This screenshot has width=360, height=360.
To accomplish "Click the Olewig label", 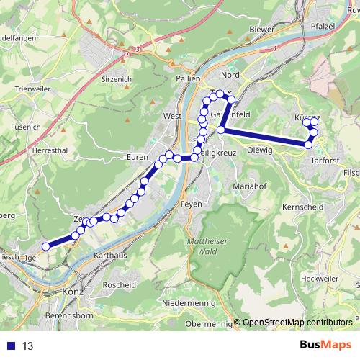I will point(260,150).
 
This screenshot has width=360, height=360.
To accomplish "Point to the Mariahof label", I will point(249,186).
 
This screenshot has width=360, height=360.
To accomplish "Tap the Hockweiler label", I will point(318,276).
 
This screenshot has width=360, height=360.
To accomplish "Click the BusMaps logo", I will point(328,346).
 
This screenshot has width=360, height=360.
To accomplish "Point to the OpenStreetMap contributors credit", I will point(298,323).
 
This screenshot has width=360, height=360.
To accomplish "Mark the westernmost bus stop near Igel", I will point(45,246).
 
